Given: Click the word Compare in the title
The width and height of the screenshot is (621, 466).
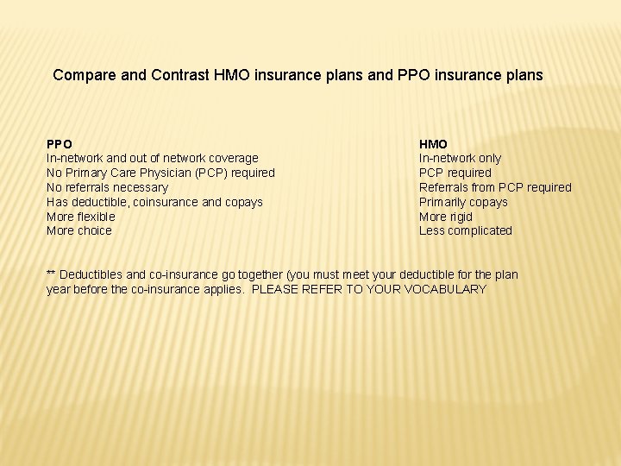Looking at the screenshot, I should [x=85, y=75].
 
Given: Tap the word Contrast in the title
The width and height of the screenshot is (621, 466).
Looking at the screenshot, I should [x=178, y=75].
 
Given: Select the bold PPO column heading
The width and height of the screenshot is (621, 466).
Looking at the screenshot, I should [x=60, y=144].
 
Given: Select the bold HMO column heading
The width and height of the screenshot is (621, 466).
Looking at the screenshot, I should [x=433, y=144].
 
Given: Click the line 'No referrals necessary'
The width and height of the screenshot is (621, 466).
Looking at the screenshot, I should [x=107, y=187].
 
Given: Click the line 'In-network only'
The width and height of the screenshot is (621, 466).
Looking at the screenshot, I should [x=460, y=158].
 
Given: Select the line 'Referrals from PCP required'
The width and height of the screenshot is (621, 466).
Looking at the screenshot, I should [x=495, y=187].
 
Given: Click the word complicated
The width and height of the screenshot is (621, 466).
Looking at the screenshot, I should [x=481, y=230].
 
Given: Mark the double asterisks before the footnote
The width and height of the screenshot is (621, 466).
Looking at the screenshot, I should [x=51, y=274].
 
